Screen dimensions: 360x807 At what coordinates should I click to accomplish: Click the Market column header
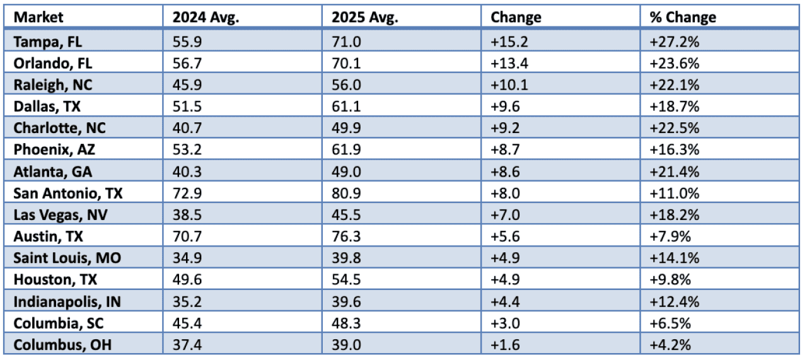coord(39,17)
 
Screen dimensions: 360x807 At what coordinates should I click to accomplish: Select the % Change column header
coord(683,17)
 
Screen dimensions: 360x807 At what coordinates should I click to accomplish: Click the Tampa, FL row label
coord(48,42)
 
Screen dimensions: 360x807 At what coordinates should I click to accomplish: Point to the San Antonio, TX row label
coord(67,193)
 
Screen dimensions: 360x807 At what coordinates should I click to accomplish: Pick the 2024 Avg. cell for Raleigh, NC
coord(188,85)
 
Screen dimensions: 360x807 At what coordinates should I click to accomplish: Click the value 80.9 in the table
coord(347,193)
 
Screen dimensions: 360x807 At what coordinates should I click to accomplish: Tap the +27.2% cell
coord(675,42)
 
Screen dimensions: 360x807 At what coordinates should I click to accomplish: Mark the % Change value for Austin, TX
coord(670,236)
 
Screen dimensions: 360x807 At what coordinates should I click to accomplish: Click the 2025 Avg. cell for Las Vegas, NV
coord(347,215)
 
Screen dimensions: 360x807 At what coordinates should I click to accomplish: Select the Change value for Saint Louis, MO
coord(504,258)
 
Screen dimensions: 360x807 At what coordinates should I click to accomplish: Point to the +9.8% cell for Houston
coord(670,280)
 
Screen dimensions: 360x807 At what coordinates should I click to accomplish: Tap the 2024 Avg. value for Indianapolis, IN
coord(188,301)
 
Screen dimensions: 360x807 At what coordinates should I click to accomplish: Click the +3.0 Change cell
coord(504,323)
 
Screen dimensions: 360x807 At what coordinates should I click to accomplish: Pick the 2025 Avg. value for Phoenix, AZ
coord(347,150)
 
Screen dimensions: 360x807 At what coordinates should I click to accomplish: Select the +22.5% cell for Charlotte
coord(675,128)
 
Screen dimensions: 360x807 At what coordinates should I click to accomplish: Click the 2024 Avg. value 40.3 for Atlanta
coord(188,171)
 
